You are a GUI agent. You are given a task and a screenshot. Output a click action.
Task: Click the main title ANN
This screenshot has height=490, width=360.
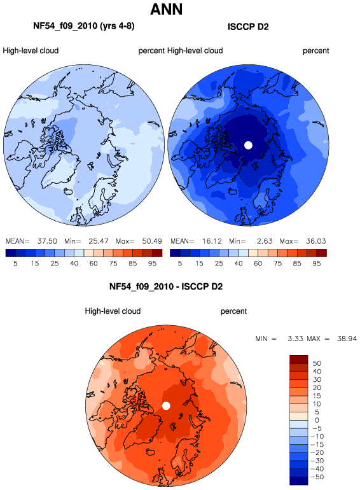166,9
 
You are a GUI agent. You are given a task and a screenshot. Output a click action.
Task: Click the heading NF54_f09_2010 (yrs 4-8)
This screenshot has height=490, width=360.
84,26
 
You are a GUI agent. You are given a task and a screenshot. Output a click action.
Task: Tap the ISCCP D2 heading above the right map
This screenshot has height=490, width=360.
248,27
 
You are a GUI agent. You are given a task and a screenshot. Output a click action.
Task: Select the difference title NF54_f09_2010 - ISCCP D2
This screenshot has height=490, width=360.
166,286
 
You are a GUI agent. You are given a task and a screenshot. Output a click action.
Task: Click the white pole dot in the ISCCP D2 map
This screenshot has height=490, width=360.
248,145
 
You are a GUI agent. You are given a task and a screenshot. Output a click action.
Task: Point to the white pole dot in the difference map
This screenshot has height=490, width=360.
166,406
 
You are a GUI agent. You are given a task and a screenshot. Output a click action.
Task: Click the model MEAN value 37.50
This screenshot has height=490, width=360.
47,241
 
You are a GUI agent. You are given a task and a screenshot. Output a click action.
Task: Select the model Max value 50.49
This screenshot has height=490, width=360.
152,241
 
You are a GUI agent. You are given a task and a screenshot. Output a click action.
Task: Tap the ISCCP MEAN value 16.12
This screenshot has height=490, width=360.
212,241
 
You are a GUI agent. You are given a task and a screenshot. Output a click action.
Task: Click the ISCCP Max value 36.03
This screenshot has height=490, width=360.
316,241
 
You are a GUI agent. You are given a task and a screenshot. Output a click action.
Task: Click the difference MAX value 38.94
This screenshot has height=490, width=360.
347,339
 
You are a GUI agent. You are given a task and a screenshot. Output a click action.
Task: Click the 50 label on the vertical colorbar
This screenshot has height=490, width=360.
317,363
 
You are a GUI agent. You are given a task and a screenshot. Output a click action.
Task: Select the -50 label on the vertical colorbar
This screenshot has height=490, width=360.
317,477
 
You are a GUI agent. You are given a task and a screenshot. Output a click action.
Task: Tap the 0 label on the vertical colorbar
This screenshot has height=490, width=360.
317,420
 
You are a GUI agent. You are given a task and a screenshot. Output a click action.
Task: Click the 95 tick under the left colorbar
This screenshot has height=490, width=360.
152,263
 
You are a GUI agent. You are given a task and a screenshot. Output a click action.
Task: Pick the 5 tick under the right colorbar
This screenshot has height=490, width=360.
180,263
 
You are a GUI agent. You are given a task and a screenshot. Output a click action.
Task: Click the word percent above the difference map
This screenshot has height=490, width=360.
233,311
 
